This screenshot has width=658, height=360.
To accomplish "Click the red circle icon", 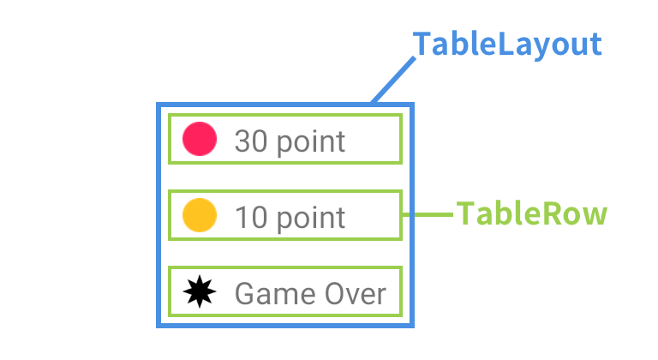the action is coord(200,139).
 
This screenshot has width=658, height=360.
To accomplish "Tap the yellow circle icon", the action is coord(200,215).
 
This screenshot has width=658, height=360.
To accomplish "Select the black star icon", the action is coord(200,291).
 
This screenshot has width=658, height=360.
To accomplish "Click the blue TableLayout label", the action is coord(507,45).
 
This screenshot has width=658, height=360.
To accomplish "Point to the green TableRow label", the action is coord(532,213).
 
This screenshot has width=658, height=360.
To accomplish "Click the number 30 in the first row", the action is coord(251,141).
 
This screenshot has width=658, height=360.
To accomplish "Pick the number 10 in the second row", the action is coord(251,217).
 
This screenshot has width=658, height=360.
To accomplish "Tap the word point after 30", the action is coord(311,142).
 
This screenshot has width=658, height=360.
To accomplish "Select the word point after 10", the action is coord(311,219).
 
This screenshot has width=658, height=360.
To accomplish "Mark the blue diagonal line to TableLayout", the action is coord(393,80).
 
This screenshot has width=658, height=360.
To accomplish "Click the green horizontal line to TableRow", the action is coord(428,214).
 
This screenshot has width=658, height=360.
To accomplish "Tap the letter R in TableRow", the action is coord(550,213).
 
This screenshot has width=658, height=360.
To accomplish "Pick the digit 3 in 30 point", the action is coord(242,141).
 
